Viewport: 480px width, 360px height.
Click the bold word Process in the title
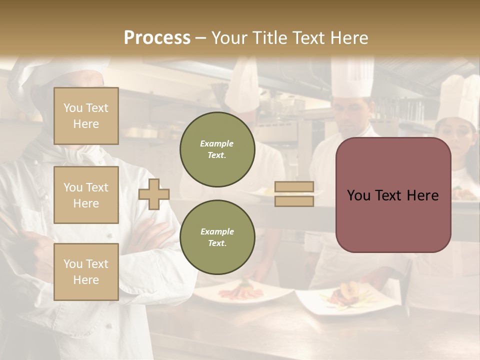point(157,37)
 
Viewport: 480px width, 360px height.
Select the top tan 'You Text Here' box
point(86,116)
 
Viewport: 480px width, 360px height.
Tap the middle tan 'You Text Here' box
point(86,195)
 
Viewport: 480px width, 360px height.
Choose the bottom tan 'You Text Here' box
point(86,271)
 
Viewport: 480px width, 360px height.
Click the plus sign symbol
point(154,194)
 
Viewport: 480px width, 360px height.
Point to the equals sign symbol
point(294,194)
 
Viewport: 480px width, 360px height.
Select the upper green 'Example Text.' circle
point(217,149)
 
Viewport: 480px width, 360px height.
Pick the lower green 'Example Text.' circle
point(217,237)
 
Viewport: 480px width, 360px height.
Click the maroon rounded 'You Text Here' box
point(393,195)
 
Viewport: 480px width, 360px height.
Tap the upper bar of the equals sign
point(294,187)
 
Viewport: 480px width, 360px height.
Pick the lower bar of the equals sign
point(294,201)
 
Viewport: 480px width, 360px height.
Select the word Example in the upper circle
point(217,143)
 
